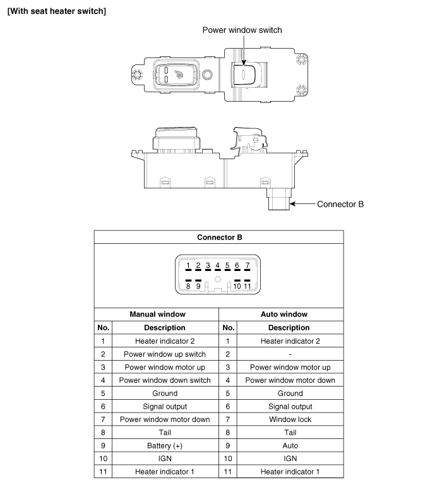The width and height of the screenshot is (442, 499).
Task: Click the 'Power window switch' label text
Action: click(242, 30)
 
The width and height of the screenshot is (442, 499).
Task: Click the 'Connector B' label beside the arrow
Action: click(340, 204)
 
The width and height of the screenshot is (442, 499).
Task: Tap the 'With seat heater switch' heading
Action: click(56, 11)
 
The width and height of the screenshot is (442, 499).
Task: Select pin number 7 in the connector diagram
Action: click(247, 266)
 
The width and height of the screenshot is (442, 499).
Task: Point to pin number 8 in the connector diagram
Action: click(188, 286)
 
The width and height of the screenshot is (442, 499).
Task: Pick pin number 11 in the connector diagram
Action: click(248, 286)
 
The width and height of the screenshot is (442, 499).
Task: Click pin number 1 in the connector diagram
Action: click(188, 266)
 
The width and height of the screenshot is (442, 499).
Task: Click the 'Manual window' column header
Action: click(157, 314)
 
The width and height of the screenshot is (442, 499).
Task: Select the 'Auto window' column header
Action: click(284, 314)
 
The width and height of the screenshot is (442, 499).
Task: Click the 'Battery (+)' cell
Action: click(164, 445)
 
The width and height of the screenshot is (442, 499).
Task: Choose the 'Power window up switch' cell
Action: click(164, 354)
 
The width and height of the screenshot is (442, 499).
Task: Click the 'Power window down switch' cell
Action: click(164, 380)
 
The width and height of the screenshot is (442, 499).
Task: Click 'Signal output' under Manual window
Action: click(164, 407)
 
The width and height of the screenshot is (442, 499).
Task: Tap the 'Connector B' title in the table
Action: click(219, 237)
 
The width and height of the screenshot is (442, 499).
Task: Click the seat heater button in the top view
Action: click(171, 75)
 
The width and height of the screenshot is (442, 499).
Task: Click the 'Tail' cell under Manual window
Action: click(164, 433)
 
